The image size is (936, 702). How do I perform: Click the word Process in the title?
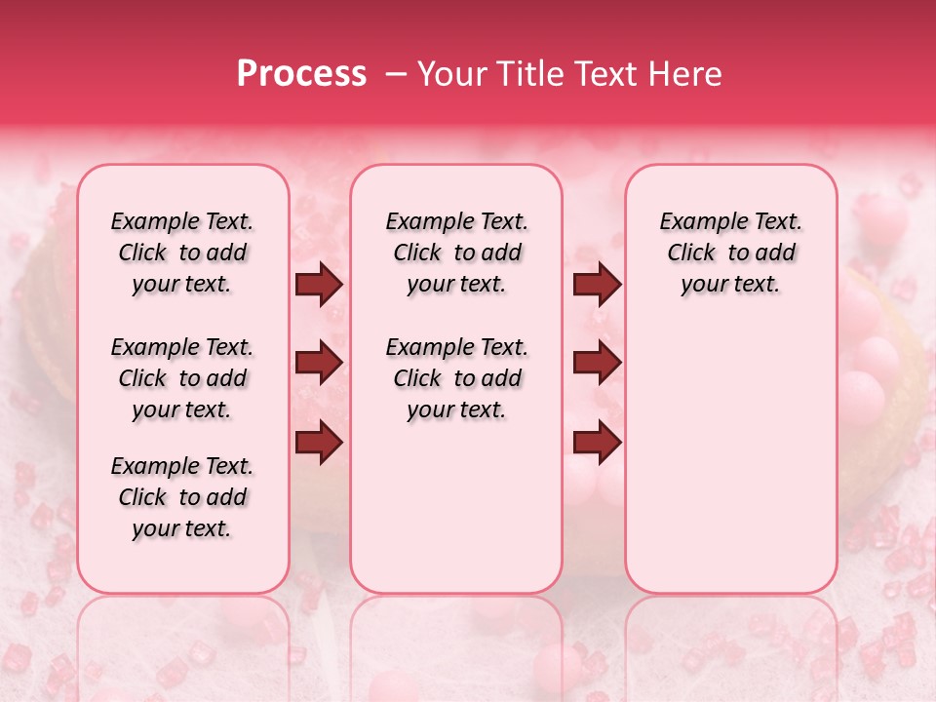pyautogui.click(x=301, y=73)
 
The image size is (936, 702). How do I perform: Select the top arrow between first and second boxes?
pyautogui.click(x=319, y=285)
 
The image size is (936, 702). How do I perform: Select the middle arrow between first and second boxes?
pyautogui.click(x=319, y=364)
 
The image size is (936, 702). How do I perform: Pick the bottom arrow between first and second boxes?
pyautogui.click(x=319, y=443)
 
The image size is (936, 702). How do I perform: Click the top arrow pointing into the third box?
pyautogui.click(x=597, y=285)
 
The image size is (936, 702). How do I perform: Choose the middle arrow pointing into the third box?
pyautogui.click(x=597, y=364)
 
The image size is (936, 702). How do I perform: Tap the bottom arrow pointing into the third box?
pyautogui.click(x=597, y=443)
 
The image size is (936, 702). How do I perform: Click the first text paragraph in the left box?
pyautogui.click(x=182, y=253)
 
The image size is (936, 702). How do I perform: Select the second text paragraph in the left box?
pyautogui.click(x=182, y=378)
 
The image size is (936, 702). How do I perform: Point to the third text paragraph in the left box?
pyautogui.click(x=182, y=497)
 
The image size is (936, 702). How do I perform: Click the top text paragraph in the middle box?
pyautogui.click(x=456, y=253)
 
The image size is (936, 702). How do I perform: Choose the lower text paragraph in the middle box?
pyautogui.click(x=456, y=378)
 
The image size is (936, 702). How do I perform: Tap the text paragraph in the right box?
pyautogui.click(x=730, y=253)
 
